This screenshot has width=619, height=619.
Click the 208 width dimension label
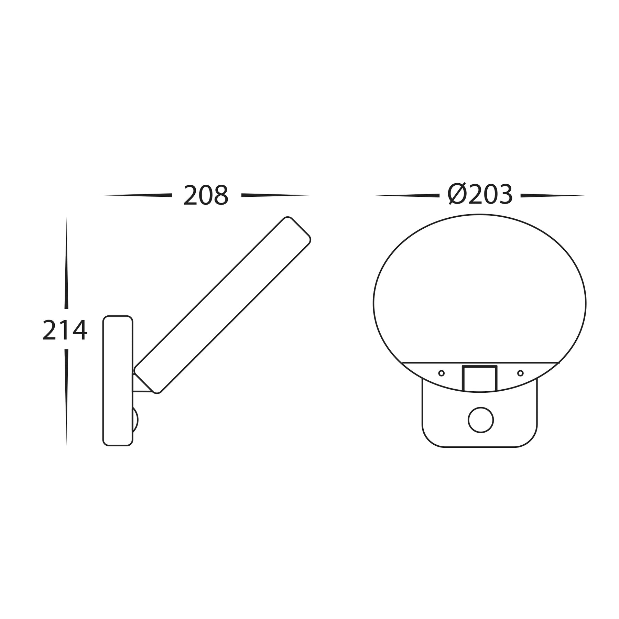(206, 195)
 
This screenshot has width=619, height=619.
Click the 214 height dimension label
(65, 330)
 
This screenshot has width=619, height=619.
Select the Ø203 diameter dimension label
(480, 194)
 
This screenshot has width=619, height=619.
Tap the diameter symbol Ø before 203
(457, 194)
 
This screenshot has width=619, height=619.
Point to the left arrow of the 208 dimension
(137, 195)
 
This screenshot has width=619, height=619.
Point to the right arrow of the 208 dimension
(277, 195)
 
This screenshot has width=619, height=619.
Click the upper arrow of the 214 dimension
(66, 263)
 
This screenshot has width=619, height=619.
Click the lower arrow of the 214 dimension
(66, 398)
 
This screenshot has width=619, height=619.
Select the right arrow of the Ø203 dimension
(553, 195)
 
